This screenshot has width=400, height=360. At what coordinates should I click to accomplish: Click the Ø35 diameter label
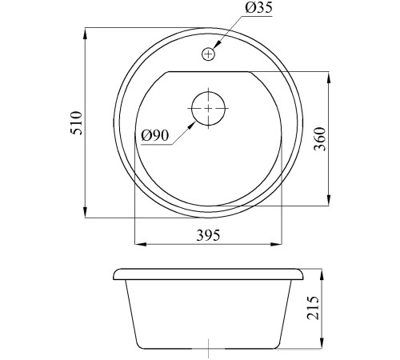[x=258, y=8]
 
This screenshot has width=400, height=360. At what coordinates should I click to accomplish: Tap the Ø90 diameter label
[x=155, y=136]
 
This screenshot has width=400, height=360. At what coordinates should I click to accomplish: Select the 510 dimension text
[x=76, y=123]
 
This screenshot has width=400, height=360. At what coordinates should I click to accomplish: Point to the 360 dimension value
[x=320, y=139]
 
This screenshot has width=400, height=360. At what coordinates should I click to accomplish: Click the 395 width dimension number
[x=208, y=235]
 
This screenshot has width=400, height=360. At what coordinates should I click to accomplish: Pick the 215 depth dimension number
[x=313, y=307]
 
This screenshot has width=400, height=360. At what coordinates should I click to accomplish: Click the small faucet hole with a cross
[x=208, y=54]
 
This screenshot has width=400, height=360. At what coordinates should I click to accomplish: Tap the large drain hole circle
[x=208, y=108]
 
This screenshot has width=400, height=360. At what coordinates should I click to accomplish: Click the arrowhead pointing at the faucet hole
[x=217, y=45]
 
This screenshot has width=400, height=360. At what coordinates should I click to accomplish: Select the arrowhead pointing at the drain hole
[x=191, y=125]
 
